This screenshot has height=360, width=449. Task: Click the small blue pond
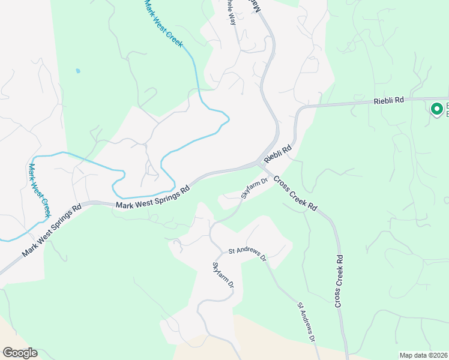point(77,71)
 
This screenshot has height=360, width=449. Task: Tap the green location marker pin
point(437,109)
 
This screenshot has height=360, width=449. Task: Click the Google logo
point(20,353)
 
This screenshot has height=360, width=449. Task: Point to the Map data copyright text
point(423,355)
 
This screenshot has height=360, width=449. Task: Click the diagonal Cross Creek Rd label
point(295,193)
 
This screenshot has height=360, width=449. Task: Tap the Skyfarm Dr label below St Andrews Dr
point(222,276)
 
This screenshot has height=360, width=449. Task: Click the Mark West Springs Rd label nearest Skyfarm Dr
point(153,197)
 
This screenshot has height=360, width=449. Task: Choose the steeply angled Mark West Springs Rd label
point(51,232)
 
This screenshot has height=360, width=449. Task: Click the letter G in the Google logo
point(8,353)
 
